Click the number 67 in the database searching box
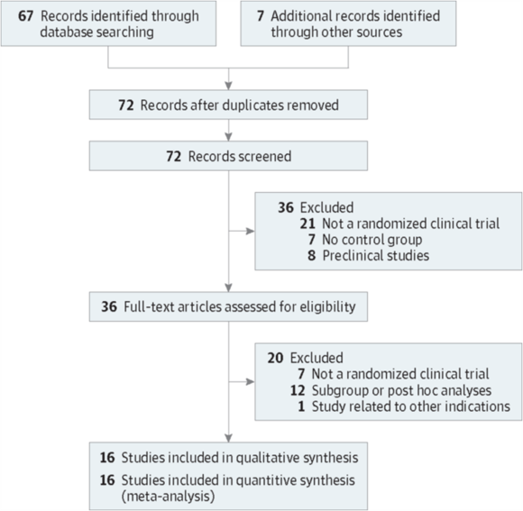(x=25, y=16)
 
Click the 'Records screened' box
(x=228, y=156)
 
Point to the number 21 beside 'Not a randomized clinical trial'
(x=307, y=224)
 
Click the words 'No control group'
(x=372, y=240)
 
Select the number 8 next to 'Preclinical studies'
(x=311, y=256)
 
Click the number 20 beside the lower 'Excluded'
(x=275, y=358)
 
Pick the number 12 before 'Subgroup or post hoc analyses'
(x=298, y=390)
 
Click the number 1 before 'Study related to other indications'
(x=301, y=406)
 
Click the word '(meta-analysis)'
(x=168, y=497)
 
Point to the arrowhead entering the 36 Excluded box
(x=250, y=231)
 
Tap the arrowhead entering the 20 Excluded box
(x=250, y=381)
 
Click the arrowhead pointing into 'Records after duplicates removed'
(x=228, y=86)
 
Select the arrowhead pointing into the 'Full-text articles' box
(x=228, y=287)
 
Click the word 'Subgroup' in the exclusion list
(x=340, y=390)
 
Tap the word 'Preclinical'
(x=349, y=256)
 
